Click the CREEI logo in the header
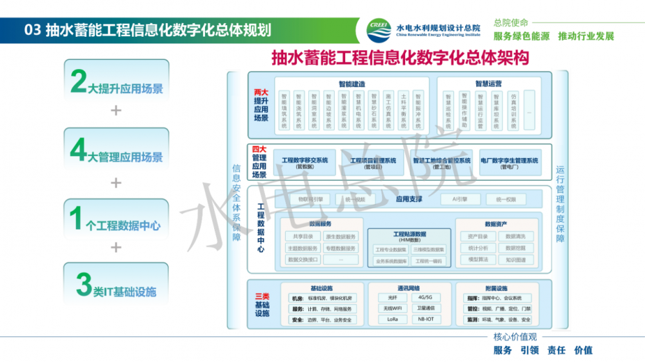[379, 27]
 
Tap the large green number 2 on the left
[79, 82]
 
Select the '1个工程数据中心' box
[117, 220]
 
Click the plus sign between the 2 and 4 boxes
[116, 110]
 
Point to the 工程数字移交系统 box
[305, 163]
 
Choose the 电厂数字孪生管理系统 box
[509, 163]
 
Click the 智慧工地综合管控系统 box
[441, 163]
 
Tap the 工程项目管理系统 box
[373, 163]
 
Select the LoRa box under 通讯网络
[393, 319]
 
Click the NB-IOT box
[426, 319]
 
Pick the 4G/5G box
[426, 298]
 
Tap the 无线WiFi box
[393, 308]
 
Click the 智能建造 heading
[352, 84]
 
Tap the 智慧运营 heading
[488, 84]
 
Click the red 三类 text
[262, 296]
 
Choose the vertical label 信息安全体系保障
[236, 202]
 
